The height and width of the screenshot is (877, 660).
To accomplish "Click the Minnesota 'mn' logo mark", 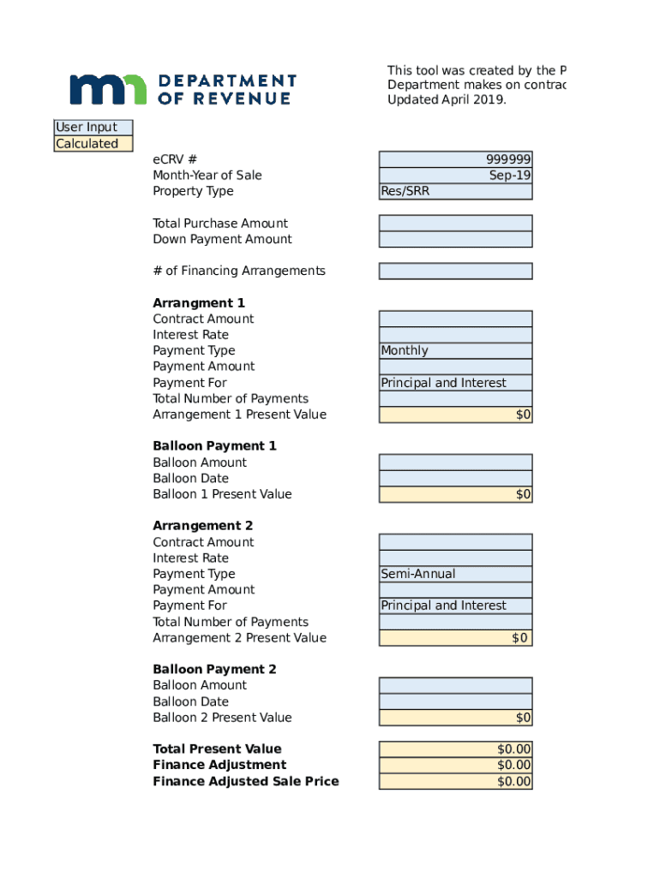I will tap(108, 89).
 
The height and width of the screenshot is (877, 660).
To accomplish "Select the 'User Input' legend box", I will tap(93, 128).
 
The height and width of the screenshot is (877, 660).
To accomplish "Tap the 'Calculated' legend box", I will tap(93, 144).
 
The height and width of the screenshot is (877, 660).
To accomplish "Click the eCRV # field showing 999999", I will tap(455, 159).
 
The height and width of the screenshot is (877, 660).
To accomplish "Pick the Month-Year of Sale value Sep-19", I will tap(455, 176).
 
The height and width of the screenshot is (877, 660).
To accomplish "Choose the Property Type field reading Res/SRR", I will tap(455, 191).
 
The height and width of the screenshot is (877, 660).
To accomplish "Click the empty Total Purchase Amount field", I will tap(455, 224).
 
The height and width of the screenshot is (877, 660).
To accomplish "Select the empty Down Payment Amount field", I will tap(455, 239).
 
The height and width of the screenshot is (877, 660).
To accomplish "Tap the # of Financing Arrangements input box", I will tap(455, 271).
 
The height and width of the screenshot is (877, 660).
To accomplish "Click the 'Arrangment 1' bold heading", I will tap(199, 303).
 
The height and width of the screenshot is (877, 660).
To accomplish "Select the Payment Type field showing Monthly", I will tap(455, 350).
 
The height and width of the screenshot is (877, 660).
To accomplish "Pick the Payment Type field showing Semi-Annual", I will tap(455, 574).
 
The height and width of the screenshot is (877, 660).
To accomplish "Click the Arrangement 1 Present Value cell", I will tap(455, 415).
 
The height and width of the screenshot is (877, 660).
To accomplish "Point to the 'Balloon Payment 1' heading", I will tap(214, 446).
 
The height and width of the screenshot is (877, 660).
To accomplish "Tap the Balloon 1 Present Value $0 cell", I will tap(455, 494).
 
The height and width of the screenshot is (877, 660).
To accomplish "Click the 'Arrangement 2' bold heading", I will tap(202, 526).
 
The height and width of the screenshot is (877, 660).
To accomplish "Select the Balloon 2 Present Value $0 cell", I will tap(455, 718).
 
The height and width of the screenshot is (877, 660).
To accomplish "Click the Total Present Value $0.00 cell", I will tap(455, 749).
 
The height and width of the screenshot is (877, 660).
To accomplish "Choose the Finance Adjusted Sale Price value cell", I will tap(455, 781).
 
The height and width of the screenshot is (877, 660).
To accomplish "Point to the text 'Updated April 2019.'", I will tap(447, 99).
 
